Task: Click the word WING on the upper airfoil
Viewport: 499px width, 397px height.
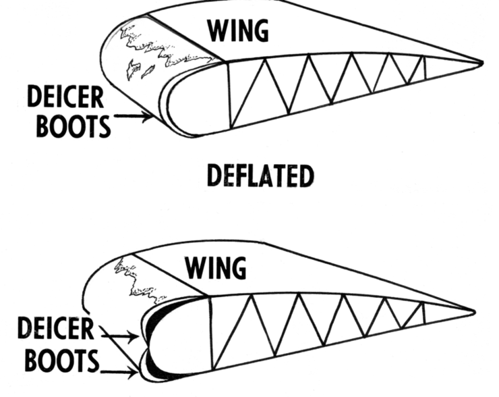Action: (x=237, y=30)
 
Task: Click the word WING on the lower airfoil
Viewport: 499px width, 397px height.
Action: (x=216, y=267)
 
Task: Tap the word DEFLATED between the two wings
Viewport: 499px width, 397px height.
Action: (x=260, y=176)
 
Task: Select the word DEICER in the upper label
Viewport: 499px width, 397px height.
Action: (x=65, y=97)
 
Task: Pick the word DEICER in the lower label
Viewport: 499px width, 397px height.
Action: (x=56, y=329)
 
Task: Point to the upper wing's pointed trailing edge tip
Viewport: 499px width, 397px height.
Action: (x=481, y=63)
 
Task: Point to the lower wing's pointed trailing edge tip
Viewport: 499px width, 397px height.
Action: (x=473, y=311)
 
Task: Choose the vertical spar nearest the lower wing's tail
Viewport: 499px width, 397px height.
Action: (x=423, y=314)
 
